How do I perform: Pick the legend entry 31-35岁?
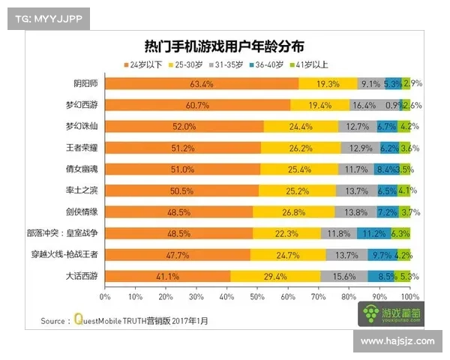click(228, 65)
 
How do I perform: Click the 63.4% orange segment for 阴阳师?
click(201, 84)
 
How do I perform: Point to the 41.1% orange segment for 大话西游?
click(167, 276)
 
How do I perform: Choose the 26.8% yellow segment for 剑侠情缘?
click(294, 212)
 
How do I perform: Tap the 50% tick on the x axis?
click(257, 297)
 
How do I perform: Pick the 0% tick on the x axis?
click(105, 297)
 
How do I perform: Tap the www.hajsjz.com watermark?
click(397, 341)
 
